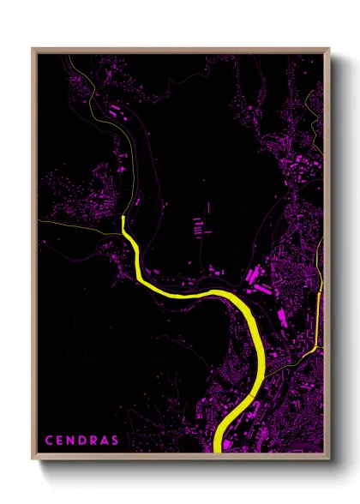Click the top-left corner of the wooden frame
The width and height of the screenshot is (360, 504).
pyautogui.click(x=33, y=49)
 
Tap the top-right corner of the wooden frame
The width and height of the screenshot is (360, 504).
pyautogui.click(x=329, y=49)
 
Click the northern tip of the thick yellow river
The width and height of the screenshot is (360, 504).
pyautogui.click(x=124, y=218)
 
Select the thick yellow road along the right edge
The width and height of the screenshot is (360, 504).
pyautogui.click(x=319, y=317)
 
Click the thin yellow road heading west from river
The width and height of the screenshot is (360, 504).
pyautogui.click(x=86, y=230)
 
